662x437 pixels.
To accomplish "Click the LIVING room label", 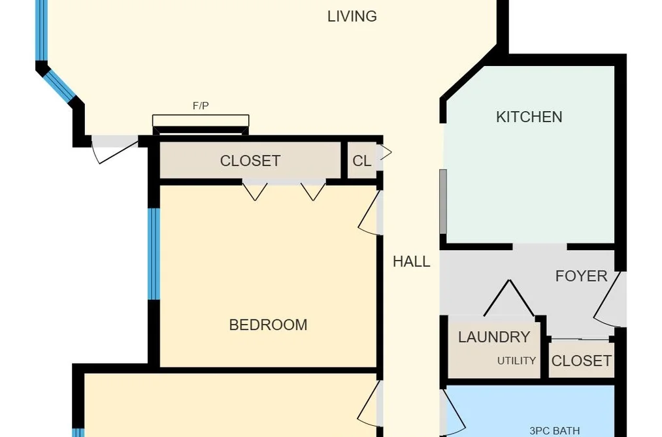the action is [x=352, y=16].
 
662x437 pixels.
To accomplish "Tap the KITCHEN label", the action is [x=529, y=117].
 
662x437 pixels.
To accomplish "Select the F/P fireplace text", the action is [x=201, y=106].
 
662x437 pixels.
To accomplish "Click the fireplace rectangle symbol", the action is [x=201, y=121].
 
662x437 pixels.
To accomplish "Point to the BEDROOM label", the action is [x=268, y=325].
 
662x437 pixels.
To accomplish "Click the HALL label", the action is [x=412, y=261].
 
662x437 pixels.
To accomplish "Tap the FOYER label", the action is [x=582, y=276].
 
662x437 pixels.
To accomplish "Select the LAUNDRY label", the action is [x=494, y=337].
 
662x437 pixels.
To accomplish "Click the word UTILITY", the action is [x=516, y=361].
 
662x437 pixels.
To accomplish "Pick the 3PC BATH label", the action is [x=554, y=430].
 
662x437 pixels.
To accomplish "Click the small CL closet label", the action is [x=362, y=161].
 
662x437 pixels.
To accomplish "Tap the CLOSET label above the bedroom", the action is [x=250, y=161].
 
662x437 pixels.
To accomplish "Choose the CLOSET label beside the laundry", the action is [x=582, y=361].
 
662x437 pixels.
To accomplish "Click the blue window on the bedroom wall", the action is [x=154, y=253].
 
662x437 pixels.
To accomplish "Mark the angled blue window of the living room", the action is [x=59, y=86].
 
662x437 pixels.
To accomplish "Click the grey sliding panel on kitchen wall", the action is [x=443, y=201].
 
